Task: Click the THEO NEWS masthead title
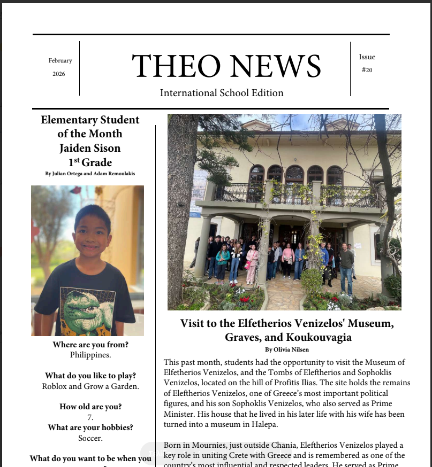pos(226,67)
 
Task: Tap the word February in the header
pos(60,61)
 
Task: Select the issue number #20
pos(367,70)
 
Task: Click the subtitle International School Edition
pos(222,93)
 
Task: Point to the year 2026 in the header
pos(59,74)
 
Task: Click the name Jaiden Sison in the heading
pos(90,148)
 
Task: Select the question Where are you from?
pos(90,345)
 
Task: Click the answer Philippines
pos(90,354)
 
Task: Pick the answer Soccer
pos(90,438)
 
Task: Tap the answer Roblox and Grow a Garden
pos(90,386)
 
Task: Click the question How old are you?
pos(90,407)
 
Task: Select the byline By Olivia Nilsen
pos(287,349)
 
